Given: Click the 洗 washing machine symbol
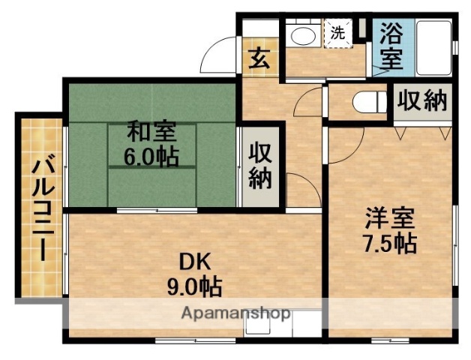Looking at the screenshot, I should [338, 33].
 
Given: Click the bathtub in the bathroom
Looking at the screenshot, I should [433, 46].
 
